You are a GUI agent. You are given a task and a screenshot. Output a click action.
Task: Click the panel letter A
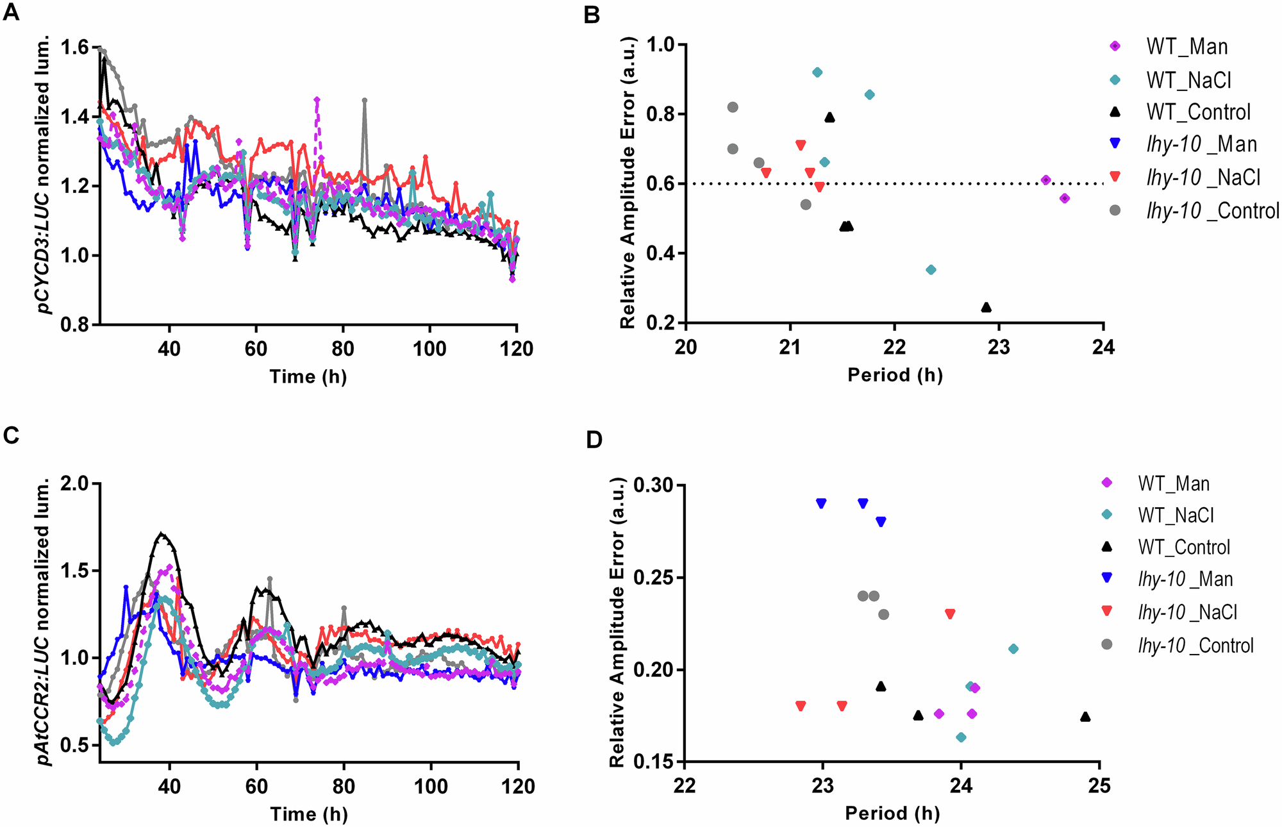(11, 12)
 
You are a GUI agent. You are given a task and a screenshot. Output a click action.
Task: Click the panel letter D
(594, 441)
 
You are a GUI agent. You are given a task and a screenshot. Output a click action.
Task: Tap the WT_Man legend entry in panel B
(1186, 47)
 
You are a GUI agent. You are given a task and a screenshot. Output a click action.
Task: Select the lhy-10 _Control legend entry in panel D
(1195, 646)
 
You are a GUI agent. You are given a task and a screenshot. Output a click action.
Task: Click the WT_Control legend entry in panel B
(1197, 112)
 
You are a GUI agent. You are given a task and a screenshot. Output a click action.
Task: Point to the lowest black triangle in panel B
(986, 308)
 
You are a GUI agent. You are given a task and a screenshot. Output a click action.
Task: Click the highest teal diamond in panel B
(817, 72)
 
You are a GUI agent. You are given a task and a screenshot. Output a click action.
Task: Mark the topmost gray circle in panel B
(733, 107)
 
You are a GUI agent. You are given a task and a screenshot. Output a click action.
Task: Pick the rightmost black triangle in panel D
(1085, 717)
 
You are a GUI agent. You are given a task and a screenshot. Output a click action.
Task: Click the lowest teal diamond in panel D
(961, 737)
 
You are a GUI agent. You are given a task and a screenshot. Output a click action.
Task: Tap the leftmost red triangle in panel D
(801, 706)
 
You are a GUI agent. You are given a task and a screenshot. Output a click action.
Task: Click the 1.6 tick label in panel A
(76, 48)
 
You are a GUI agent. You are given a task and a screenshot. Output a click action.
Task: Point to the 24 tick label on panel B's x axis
(1103, 348)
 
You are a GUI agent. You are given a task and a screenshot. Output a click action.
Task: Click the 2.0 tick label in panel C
(76, 483)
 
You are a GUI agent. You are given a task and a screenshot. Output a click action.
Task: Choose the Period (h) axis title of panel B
(895, 375)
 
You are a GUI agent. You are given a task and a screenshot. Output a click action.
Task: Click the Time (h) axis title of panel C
(309, 814)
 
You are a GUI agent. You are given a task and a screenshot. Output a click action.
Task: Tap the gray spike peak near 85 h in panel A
(364, 100)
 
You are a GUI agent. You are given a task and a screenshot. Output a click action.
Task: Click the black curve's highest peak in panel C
(162, 533)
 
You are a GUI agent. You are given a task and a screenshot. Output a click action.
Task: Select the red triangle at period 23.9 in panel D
(950, 614)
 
